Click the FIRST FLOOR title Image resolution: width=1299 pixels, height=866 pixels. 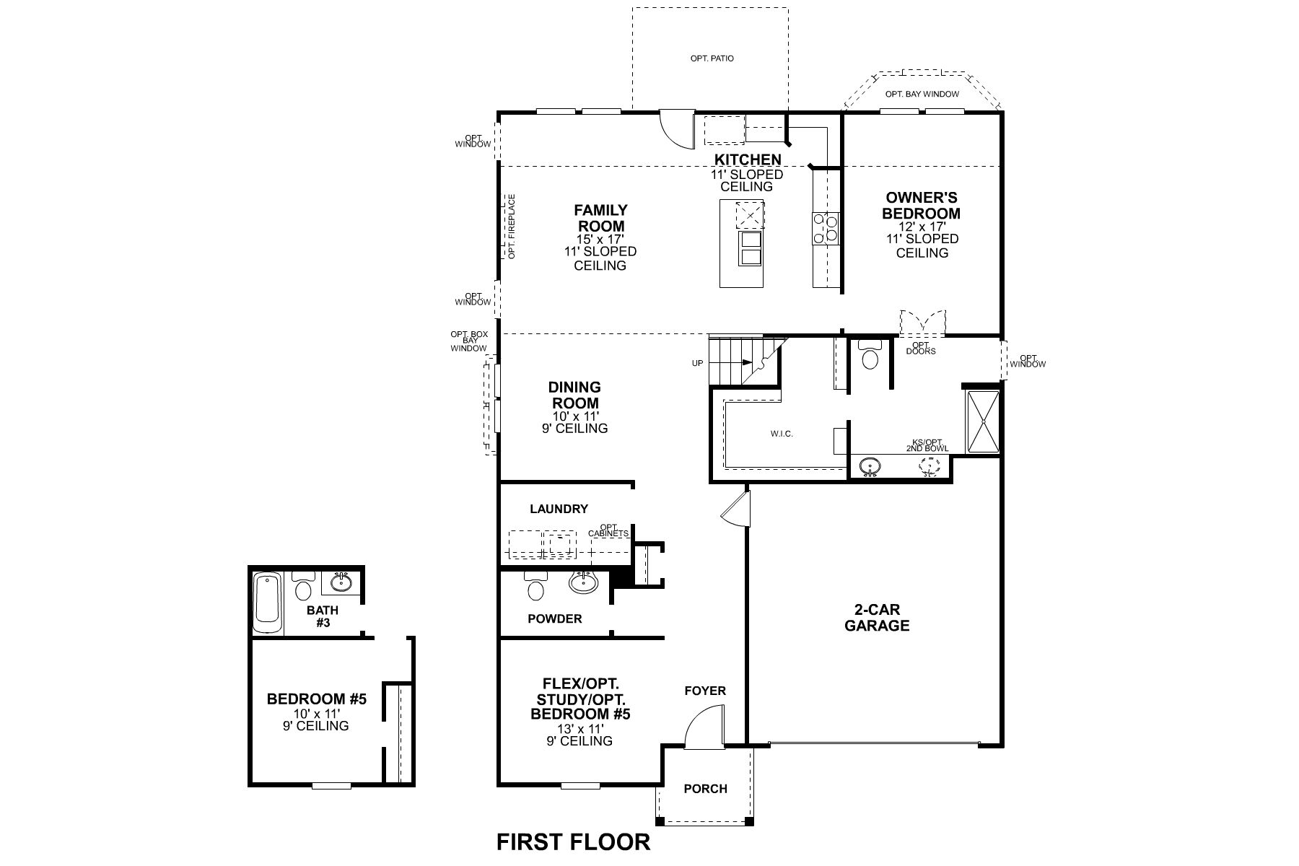574,841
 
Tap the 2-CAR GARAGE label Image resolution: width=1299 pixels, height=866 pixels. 877,618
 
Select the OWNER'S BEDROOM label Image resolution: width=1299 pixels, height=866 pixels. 922,205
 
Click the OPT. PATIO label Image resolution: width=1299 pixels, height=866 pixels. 712,58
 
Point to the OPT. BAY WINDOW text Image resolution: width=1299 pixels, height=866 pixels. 922,94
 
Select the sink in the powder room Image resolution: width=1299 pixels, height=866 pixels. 583,582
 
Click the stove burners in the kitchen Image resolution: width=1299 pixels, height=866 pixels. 826,227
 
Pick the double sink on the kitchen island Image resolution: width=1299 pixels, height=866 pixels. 749,249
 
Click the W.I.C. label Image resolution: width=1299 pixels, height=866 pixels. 782,434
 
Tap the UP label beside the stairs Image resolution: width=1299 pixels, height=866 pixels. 697,363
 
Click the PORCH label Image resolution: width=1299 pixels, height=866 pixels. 706,789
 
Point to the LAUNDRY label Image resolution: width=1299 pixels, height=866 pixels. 559,509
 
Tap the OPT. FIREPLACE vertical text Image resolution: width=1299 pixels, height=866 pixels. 512,227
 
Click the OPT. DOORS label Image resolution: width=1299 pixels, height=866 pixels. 920,348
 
